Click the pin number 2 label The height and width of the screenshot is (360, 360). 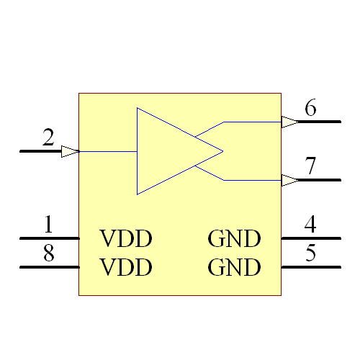48,138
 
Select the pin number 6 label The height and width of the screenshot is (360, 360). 310,109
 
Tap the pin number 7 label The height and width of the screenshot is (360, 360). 310,166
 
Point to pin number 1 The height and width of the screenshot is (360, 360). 48,225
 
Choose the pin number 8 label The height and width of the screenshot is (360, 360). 48,253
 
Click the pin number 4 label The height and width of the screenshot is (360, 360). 310,225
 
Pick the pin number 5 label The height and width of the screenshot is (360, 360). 310,253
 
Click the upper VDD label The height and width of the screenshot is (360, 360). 126,238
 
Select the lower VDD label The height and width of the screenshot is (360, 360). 126,268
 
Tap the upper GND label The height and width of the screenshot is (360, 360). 234,238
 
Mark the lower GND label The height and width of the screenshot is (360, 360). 234,268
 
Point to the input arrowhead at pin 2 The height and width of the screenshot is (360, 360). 70,151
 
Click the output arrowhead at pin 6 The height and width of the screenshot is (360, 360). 289,122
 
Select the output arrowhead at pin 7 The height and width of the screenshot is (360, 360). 289,180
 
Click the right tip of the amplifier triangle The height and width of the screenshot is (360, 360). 222,151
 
